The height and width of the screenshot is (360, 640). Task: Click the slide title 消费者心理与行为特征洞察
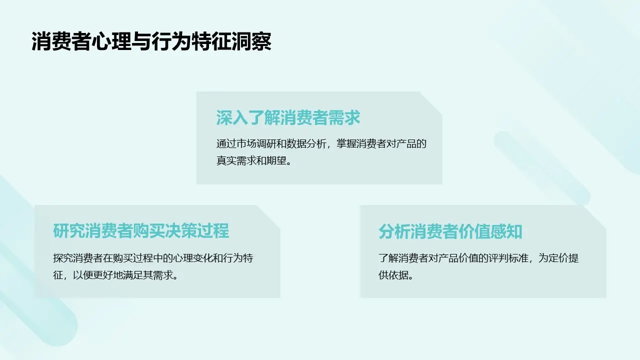(x=151, y=42)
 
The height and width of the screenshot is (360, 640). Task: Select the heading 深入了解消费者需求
(x=288, y=118)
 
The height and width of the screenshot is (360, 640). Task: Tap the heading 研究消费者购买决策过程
(x=141, y=231)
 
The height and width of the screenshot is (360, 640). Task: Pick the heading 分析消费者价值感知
(x=450, y=231)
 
